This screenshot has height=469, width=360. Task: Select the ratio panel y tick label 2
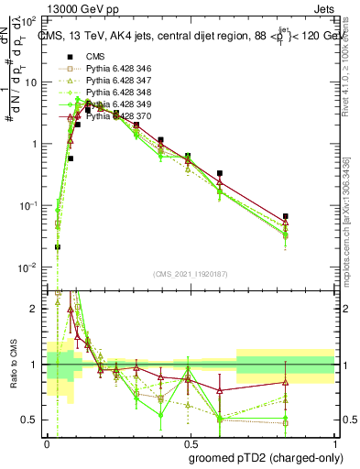(x=35, y=309)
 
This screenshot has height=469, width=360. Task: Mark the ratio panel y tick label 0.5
(x=32, y=420)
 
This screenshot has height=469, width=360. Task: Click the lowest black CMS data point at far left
(x=58, y=246)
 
